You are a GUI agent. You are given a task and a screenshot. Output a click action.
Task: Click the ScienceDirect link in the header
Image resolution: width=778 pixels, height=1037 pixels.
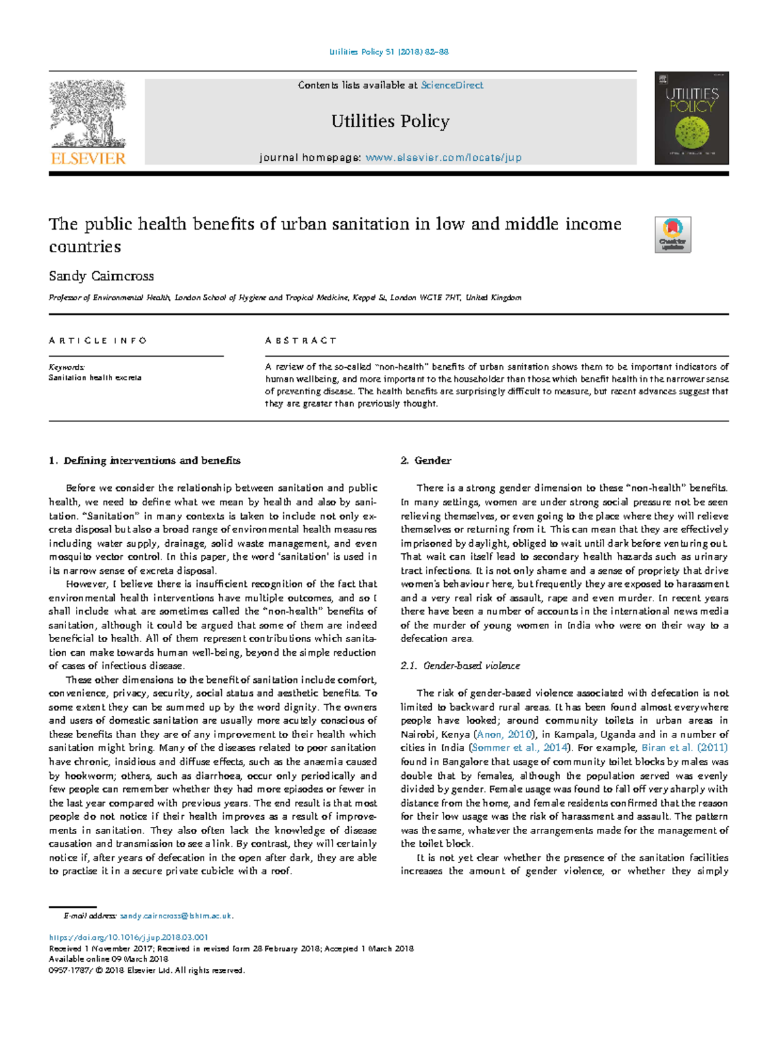(452, 85)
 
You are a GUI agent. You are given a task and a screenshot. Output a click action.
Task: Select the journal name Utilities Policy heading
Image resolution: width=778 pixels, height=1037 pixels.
(390, 121)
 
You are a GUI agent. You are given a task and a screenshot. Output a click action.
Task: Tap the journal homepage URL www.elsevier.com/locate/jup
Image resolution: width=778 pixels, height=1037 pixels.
(443, 158)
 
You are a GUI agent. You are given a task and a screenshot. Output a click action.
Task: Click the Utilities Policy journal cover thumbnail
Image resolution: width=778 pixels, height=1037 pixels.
(691, 118)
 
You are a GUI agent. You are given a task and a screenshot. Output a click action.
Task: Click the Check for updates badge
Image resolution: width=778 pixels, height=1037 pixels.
(672, 235)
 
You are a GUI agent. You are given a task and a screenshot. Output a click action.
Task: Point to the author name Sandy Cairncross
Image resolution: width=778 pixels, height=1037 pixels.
(101, 276)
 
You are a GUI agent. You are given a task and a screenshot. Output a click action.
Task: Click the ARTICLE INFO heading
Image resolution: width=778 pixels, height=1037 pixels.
(98, 340)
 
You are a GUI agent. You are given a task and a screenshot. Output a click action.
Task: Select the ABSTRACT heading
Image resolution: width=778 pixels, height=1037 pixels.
(301, 340)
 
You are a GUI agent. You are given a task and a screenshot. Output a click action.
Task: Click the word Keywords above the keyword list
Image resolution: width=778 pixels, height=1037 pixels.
(67, 367)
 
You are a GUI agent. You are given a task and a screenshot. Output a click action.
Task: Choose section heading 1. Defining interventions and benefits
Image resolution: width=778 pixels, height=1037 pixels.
(145, 460)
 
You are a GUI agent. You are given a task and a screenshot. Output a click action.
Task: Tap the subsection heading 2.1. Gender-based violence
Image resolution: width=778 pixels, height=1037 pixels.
(460, 666)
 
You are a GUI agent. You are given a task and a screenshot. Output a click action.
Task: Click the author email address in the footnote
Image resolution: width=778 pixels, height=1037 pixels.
(175, 916)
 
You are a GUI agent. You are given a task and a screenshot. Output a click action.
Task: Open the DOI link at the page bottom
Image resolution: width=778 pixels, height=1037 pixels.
(128, 938)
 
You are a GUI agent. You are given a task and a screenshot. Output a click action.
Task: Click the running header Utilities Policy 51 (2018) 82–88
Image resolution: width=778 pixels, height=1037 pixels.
(389, 52)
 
